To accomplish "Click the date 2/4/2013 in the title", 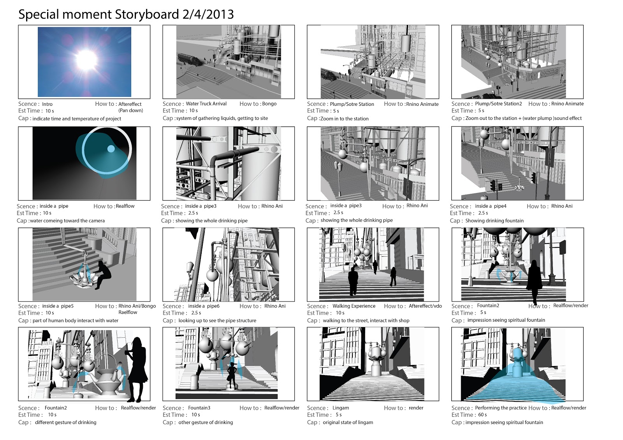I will (x=208, y=14).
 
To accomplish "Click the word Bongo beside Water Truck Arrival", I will (x=269, y=104).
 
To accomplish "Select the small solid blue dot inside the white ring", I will (x=111, y=149).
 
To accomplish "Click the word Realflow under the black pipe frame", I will (x=125, y=206).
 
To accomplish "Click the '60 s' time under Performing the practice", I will (x=482, y=415).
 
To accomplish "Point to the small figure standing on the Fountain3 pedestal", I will (x=232, y=375).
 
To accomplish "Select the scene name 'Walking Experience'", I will (x=354, y=306).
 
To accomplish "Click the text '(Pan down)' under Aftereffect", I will (x=131, y=110).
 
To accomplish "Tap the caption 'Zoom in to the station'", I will (x=344, y=119).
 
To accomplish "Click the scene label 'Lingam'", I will (x=341, y=408).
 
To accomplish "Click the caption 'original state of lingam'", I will (x=348, y=422).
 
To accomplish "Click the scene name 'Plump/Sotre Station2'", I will (x=498, y=104).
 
